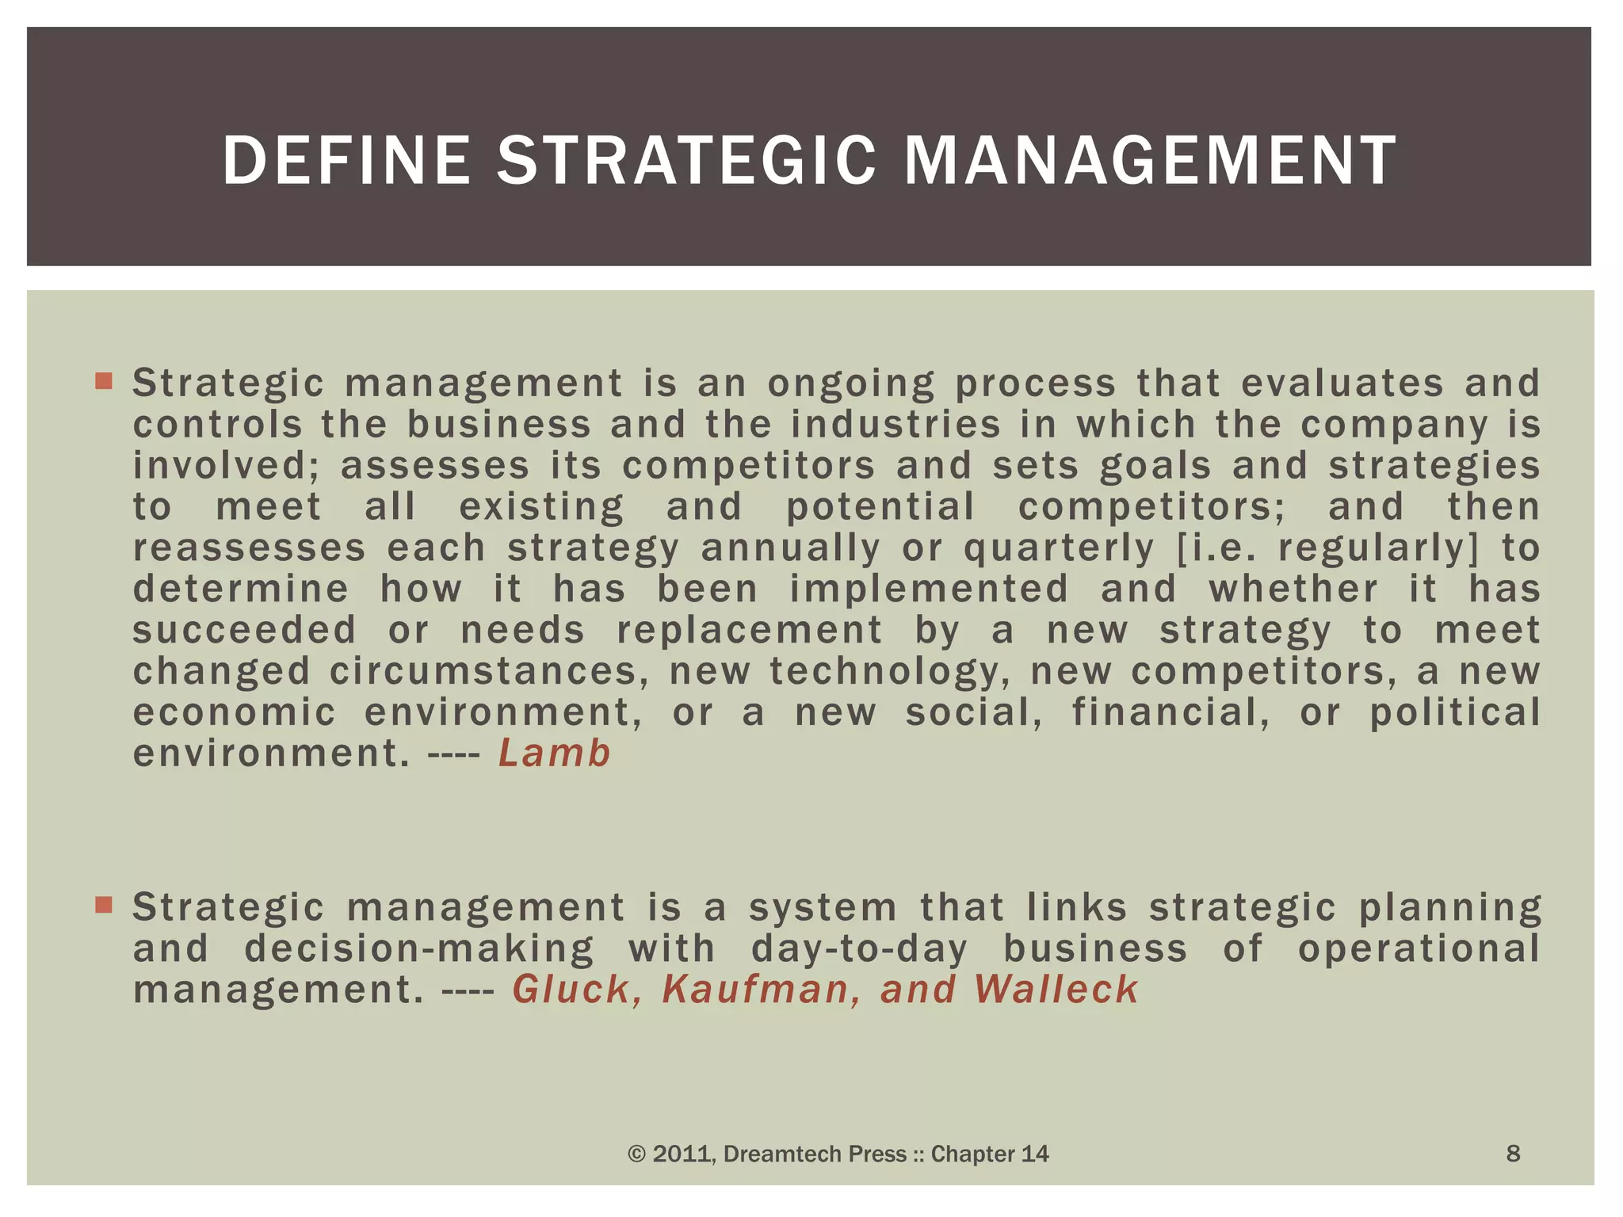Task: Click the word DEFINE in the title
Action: (346, 161)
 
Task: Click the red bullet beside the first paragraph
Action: (104, 381)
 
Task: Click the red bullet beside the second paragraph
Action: (104, 905)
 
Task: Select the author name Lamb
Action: (554, 753)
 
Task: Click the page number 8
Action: (1512, 1154)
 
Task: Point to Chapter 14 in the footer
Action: (989, 1154)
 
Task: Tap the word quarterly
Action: (1059, 548)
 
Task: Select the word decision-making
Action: (419, 948)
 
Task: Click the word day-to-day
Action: (859, 948)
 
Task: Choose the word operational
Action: (1419, 948)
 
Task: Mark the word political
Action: (1455, 712)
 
